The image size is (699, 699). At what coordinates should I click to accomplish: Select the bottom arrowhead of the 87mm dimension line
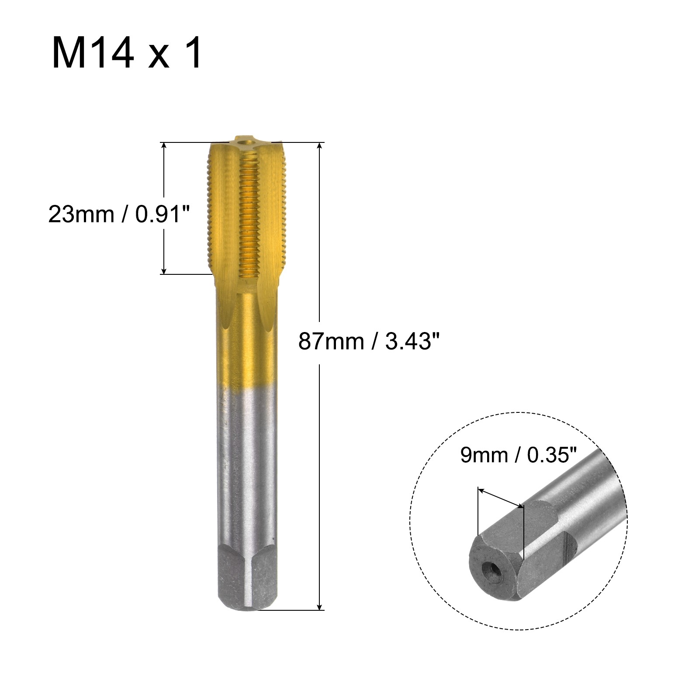[320, 605]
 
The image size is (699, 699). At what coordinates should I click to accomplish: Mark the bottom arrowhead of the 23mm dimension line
[164, 269]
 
